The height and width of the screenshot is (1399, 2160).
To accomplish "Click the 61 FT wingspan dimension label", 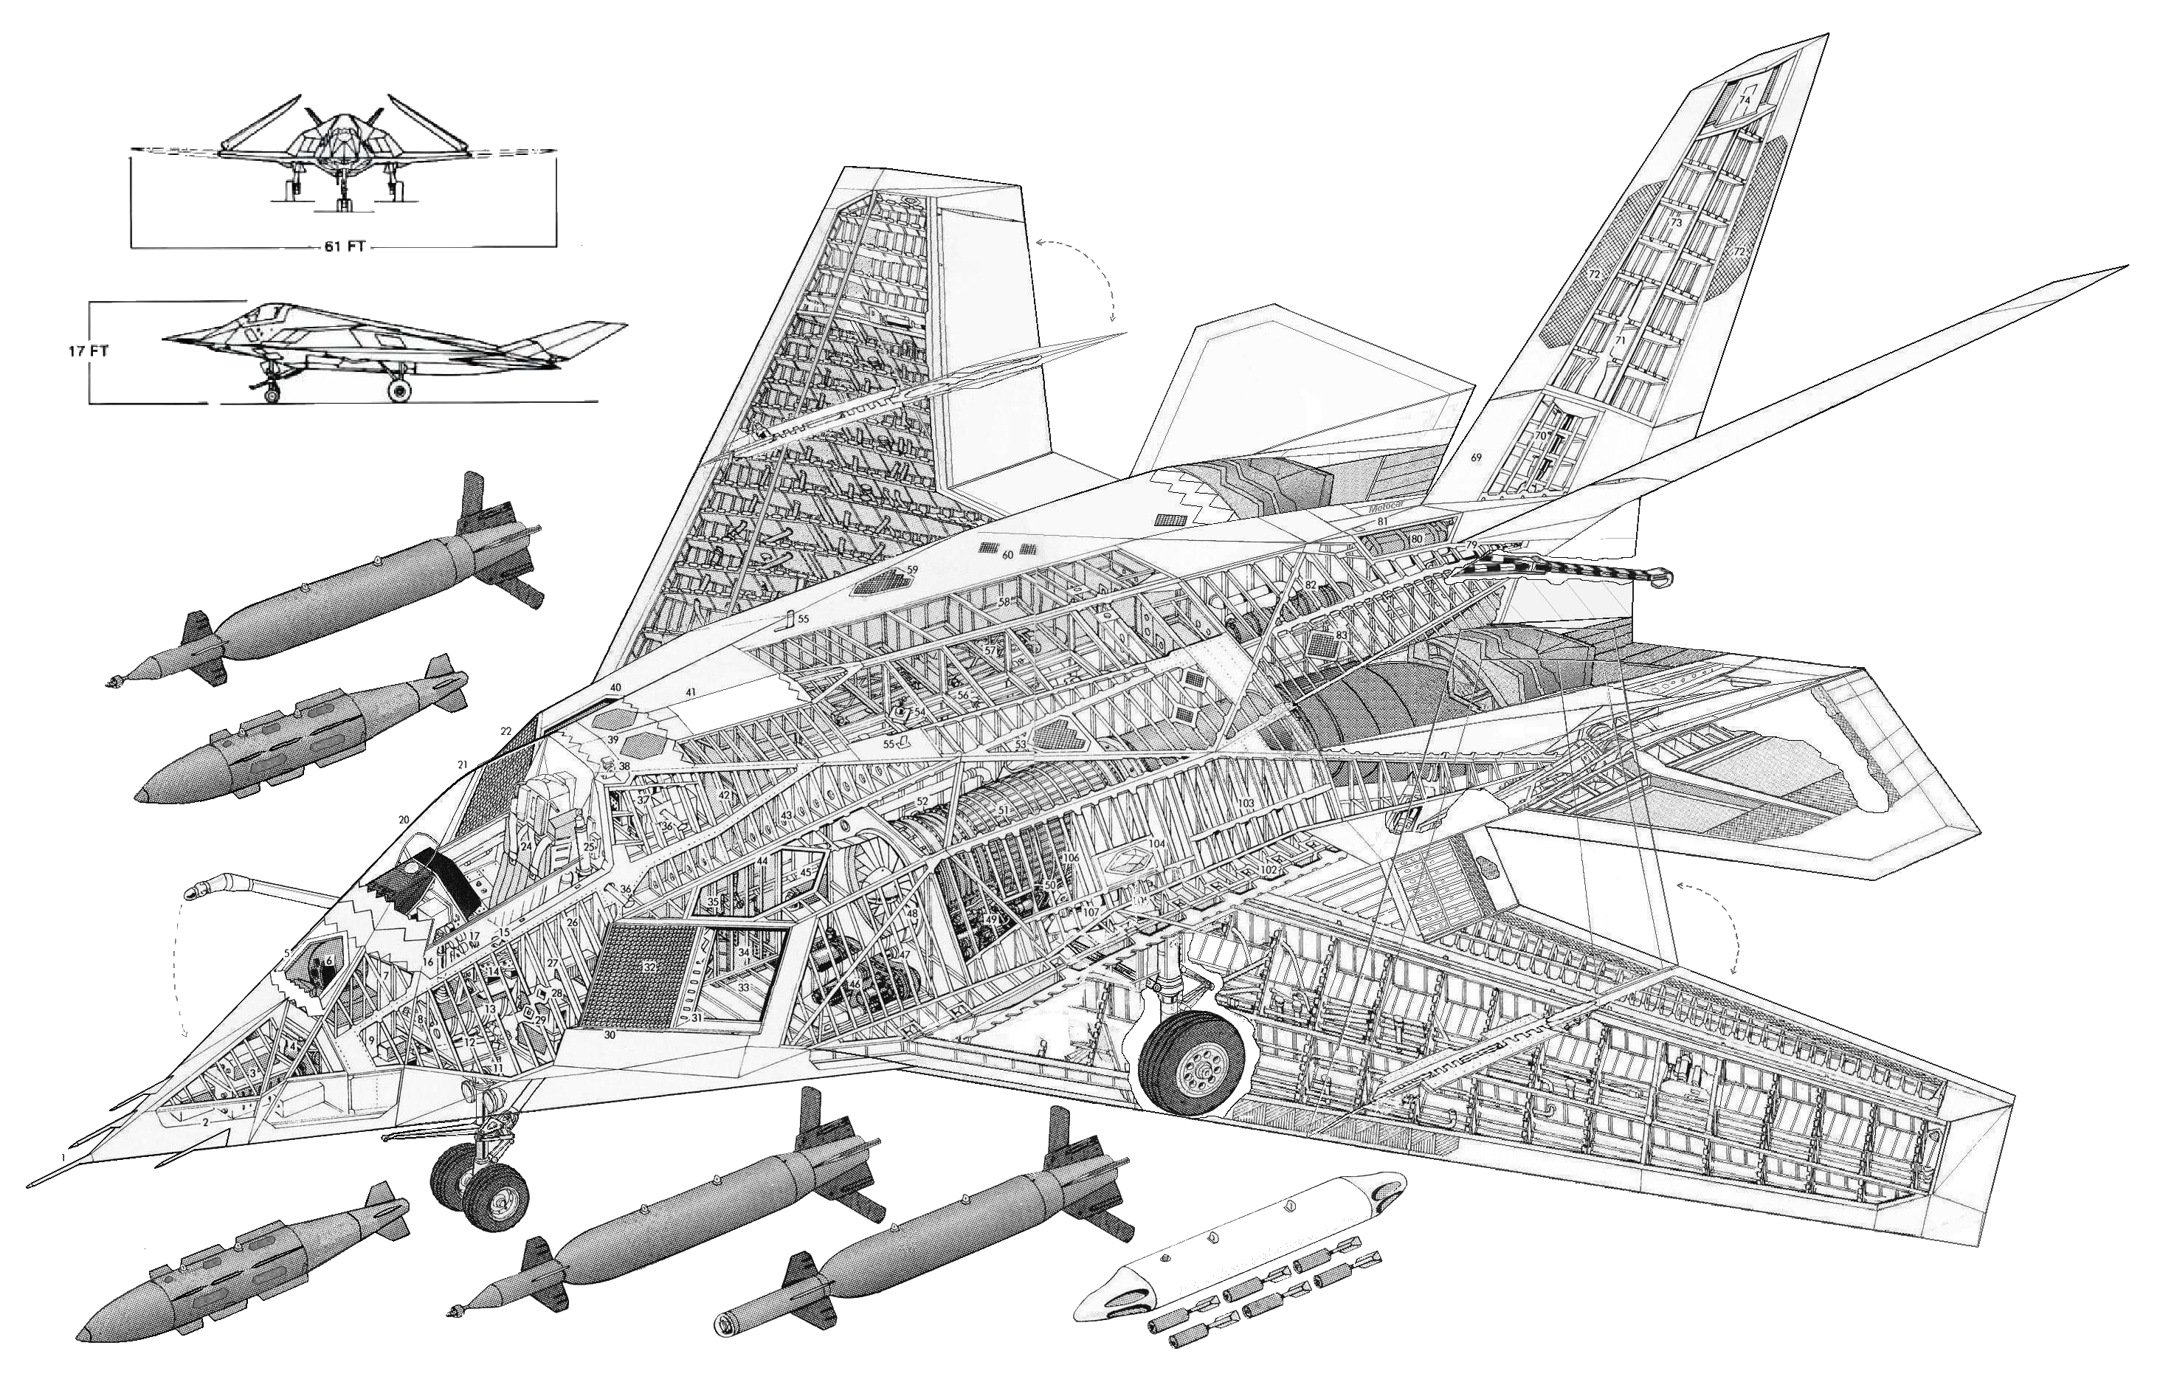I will point(343,246).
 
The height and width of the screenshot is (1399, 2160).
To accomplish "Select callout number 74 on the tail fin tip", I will point(1744,99).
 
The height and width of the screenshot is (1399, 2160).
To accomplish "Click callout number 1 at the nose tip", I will point(63,1158).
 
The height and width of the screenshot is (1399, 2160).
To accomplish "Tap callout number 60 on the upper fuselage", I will point(1007,554).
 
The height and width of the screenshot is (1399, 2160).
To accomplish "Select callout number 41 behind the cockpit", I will point(691,692).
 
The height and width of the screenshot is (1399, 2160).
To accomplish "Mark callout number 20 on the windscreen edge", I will point(404,821).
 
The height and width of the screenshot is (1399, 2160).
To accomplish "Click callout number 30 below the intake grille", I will point(609,1034).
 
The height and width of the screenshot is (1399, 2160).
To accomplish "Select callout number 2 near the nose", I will point(206,1122).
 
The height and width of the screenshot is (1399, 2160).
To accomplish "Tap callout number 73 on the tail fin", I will point(1675,222).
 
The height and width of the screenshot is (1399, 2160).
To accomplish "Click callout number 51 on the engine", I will point(1002,810).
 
